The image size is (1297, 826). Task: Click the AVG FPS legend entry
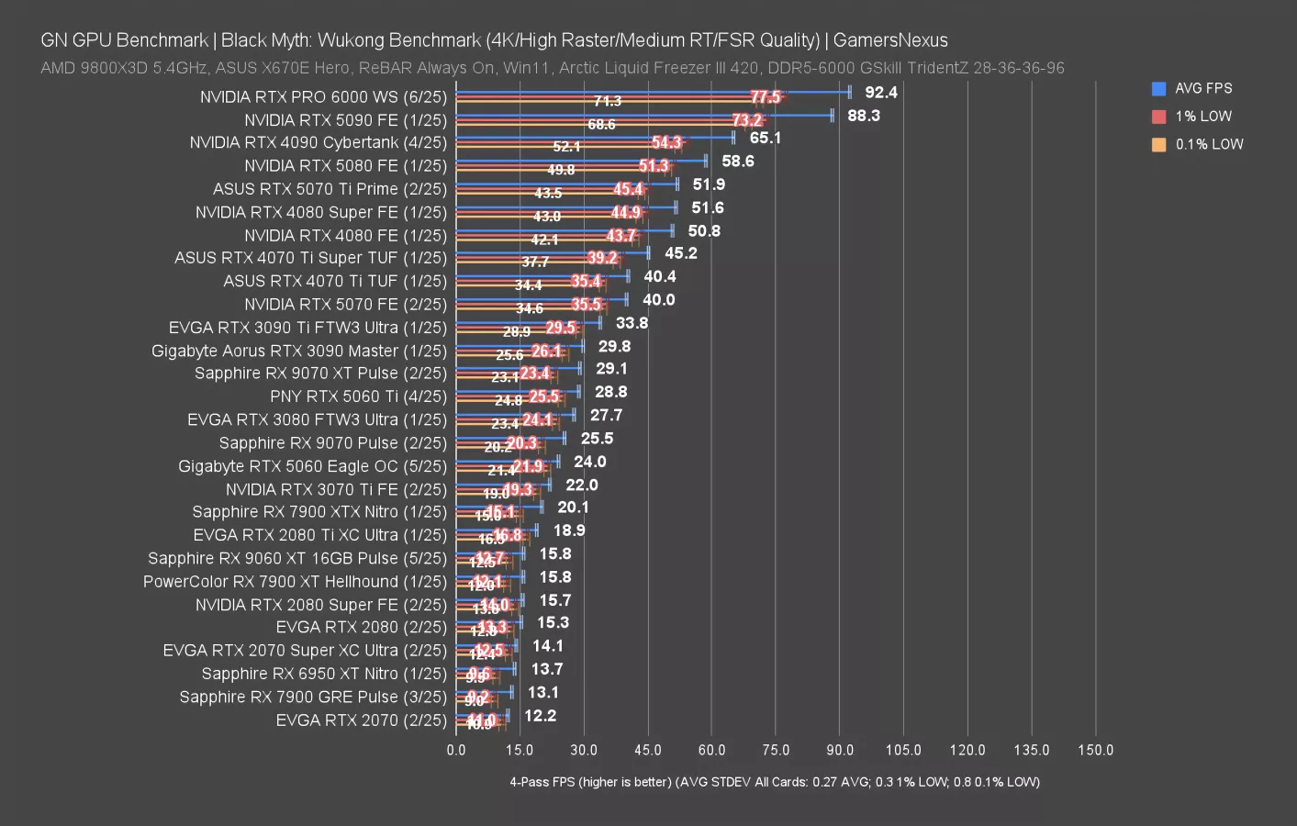pos(1202,89)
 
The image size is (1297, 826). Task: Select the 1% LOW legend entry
pos(1202,117)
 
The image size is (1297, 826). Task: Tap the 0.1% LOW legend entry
pos(1208,144)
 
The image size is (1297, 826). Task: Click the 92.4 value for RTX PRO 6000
pos(881,93)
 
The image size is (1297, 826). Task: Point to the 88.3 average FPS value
pos(864,116)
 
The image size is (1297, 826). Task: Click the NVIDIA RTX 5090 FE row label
pos(345,120)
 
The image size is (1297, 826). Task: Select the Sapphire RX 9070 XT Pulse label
pos(320,374)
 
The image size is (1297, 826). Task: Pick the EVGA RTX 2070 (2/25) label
pos(361,720)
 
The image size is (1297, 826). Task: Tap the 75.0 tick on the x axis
pos(776,750)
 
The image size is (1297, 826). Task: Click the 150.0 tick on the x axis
pos(1095,750)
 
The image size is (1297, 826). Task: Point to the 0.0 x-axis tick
pos(456,750)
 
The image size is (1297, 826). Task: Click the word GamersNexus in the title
pos(889,40)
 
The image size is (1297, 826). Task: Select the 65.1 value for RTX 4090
pos(766,139)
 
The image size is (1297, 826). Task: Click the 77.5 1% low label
pos(765,97)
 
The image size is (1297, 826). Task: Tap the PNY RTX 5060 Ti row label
pos(358,396)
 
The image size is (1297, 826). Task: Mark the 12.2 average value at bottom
pos(541,716)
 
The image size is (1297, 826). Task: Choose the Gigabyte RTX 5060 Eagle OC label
pos(312,466)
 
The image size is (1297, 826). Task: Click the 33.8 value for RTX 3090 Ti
pos(632,323)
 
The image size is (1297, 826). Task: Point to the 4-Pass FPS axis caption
pos(775,782)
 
